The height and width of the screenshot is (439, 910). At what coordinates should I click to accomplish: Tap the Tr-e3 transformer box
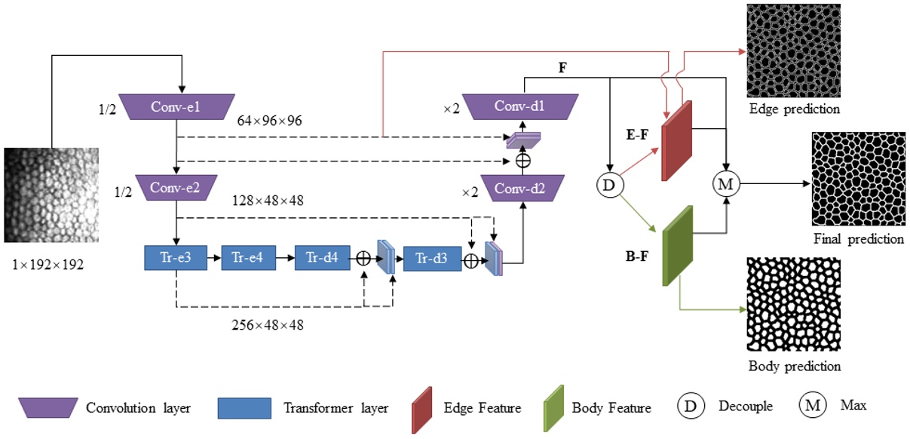pos(175,258)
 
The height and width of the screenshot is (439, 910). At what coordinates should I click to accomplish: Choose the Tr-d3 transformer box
pos(431,258)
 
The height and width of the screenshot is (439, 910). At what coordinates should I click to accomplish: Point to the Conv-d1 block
pos(519,106)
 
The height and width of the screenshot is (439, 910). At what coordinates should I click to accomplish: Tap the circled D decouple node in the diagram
pos(608,183)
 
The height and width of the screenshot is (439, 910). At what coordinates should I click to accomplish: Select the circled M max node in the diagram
pos(726,183)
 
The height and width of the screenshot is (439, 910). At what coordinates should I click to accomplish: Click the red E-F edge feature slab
pos(677,141)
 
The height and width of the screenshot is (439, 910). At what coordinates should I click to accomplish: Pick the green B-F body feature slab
pos(677,245)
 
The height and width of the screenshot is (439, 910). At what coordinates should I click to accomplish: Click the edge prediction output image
pos(794,50)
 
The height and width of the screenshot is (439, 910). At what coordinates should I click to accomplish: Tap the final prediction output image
pos(857,179)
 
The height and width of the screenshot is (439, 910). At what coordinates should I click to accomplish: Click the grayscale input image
pos(51,195)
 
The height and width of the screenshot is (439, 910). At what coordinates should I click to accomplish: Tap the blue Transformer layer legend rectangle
pos(244,408)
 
